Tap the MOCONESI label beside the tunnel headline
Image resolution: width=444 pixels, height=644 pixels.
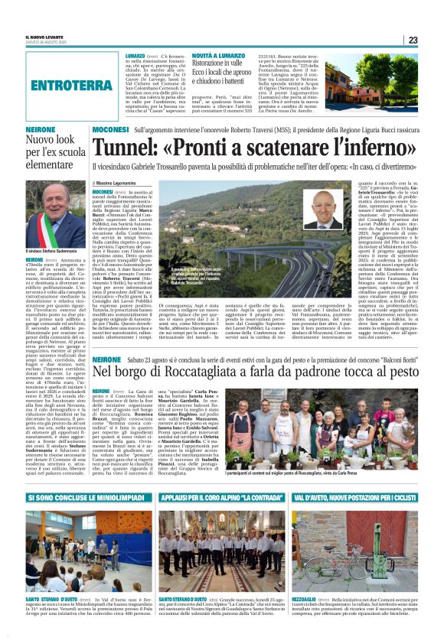point(110,132)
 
